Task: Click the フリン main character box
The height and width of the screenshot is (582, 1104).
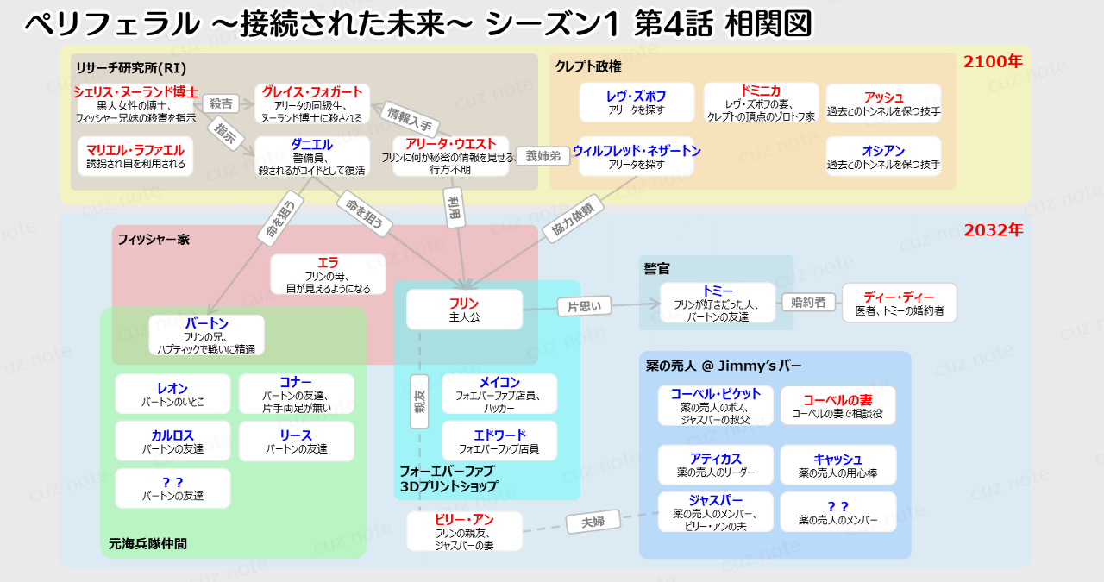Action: tap(464, 310)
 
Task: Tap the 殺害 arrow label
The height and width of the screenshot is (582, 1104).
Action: tap(222, 103)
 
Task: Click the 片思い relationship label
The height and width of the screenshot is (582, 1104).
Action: tap(584, 305)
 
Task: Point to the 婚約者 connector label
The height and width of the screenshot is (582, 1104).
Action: tap(808, 302)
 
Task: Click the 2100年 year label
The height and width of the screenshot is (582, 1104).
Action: tap(993, 61)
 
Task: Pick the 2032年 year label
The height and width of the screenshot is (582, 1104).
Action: tap(993, 230)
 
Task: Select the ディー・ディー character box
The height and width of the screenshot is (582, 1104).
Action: tap(899, 303)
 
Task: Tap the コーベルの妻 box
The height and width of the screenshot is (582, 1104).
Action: tap(837, 405)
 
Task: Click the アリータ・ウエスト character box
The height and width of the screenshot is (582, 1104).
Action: tap(450, 156)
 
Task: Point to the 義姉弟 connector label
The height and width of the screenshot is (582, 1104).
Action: tap(543, 156)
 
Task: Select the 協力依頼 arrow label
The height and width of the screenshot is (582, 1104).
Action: tap(572, 220)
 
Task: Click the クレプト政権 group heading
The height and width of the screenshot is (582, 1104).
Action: tap(588, 66)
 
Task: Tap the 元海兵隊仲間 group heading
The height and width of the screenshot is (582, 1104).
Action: tap(147, 543)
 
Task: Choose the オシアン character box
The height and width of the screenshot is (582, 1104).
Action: tap(883, 156)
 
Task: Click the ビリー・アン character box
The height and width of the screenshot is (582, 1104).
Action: tap(464, 531)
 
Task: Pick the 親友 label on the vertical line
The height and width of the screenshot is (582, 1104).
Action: tap(419, 401)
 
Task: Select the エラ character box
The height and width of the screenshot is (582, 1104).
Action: tap(328, 274)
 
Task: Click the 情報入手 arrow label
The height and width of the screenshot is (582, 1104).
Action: tap(410, 119)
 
